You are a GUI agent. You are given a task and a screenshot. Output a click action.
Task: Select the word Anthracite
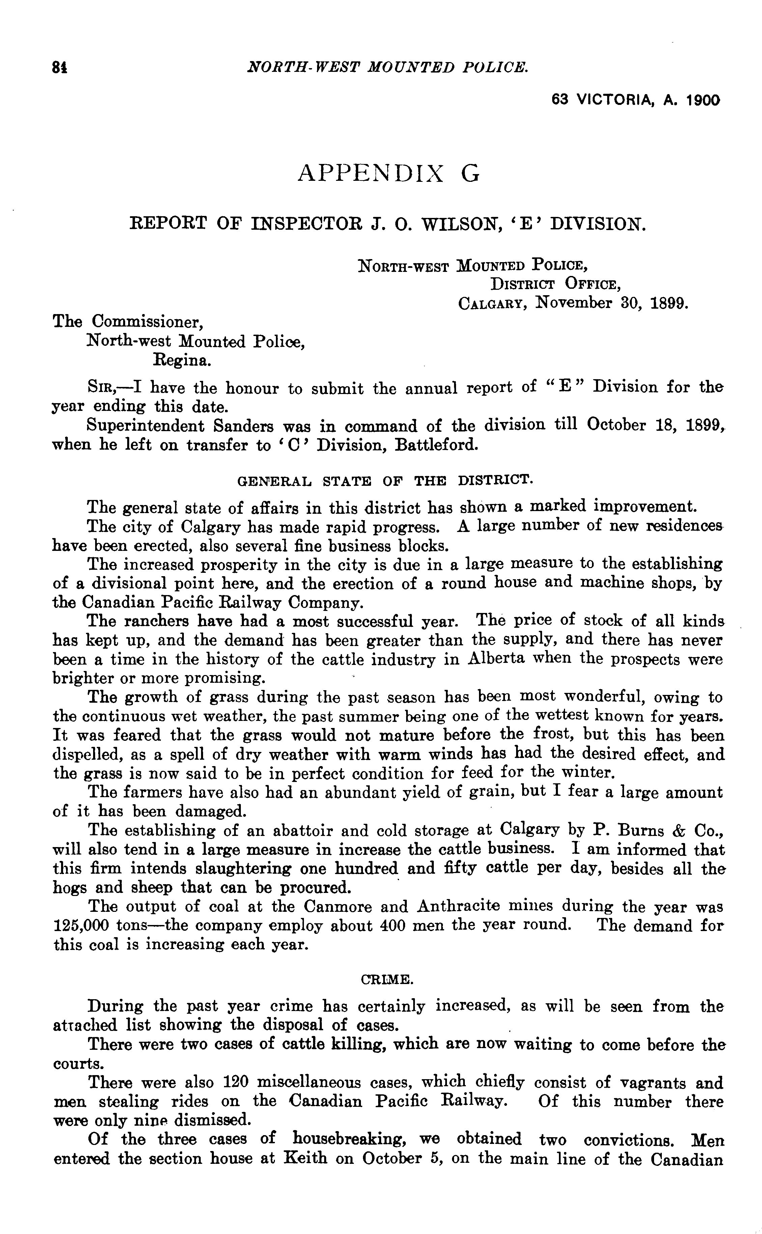(x=458, y=906)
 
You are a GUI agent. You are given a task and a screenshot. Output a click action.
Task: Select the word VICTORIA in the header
(x=614, y=100)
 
